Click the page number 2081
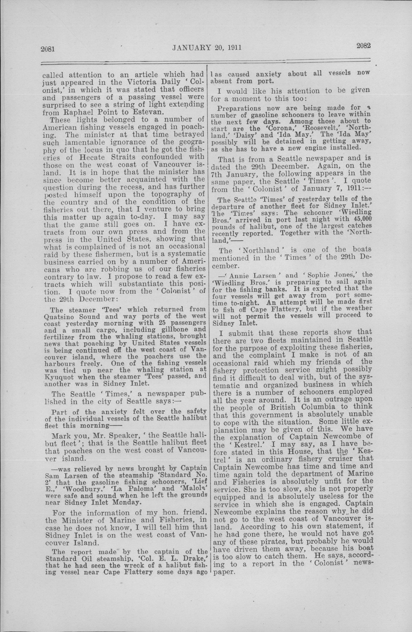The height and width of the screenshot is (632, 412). [x=47, y=49]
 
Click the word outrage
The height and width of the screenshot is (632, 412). [x=340, y=399]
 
